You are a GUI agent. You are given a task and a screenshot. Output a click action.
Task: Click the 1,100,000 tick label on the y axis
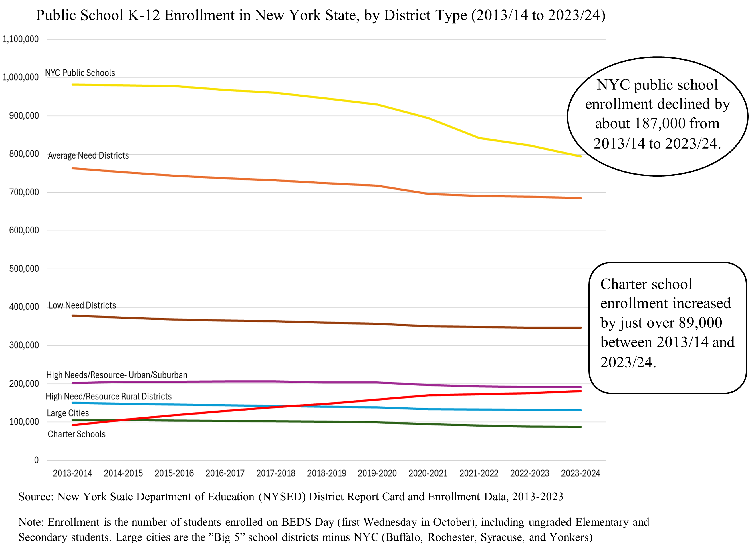click(x=21, y=39)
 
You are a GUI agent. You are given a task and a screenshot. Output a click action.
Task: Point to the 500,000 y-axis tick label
click(x=24, y=269)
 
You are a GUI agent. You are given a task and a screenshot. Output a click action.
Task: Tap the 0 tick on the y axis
click(x=36, y=460)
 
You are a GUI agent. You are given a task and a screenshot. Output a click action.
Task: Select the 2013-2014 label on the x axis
click(x=72, y=473)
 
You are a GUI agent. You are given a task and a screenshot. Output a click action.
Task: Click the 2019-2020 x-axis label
click(x=377, y=473)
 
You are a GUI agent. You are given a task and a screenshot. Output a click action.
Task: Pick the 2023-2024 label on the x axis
click(x=580, y=473)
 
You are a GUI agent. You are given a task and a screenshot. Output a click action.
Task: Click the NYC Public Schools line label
click(x=80, y=73)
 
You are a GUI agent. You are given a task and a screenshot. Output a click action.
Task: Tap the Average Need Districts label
click(x=88, y=155)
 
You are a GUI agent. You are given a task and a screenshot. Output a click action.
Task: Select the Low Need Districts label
click(x=82, y=305)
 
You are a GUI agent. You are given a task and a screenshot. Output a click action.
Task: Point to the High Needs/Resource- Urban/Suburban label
click(x=117, y=375)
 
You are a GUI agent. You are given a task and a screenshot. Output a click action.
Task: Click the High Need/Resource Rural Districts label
click(x=109, y=397)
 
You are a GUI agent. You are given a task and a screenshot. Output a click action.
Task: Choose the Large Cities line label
click(x=68, y=413)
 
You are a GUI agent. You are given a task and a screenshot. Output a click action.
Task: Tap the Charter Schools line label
click(x=76, y=434)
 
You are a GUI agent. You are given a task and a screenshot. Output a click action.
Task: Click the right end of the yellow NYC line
click(x=581, y=156)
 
